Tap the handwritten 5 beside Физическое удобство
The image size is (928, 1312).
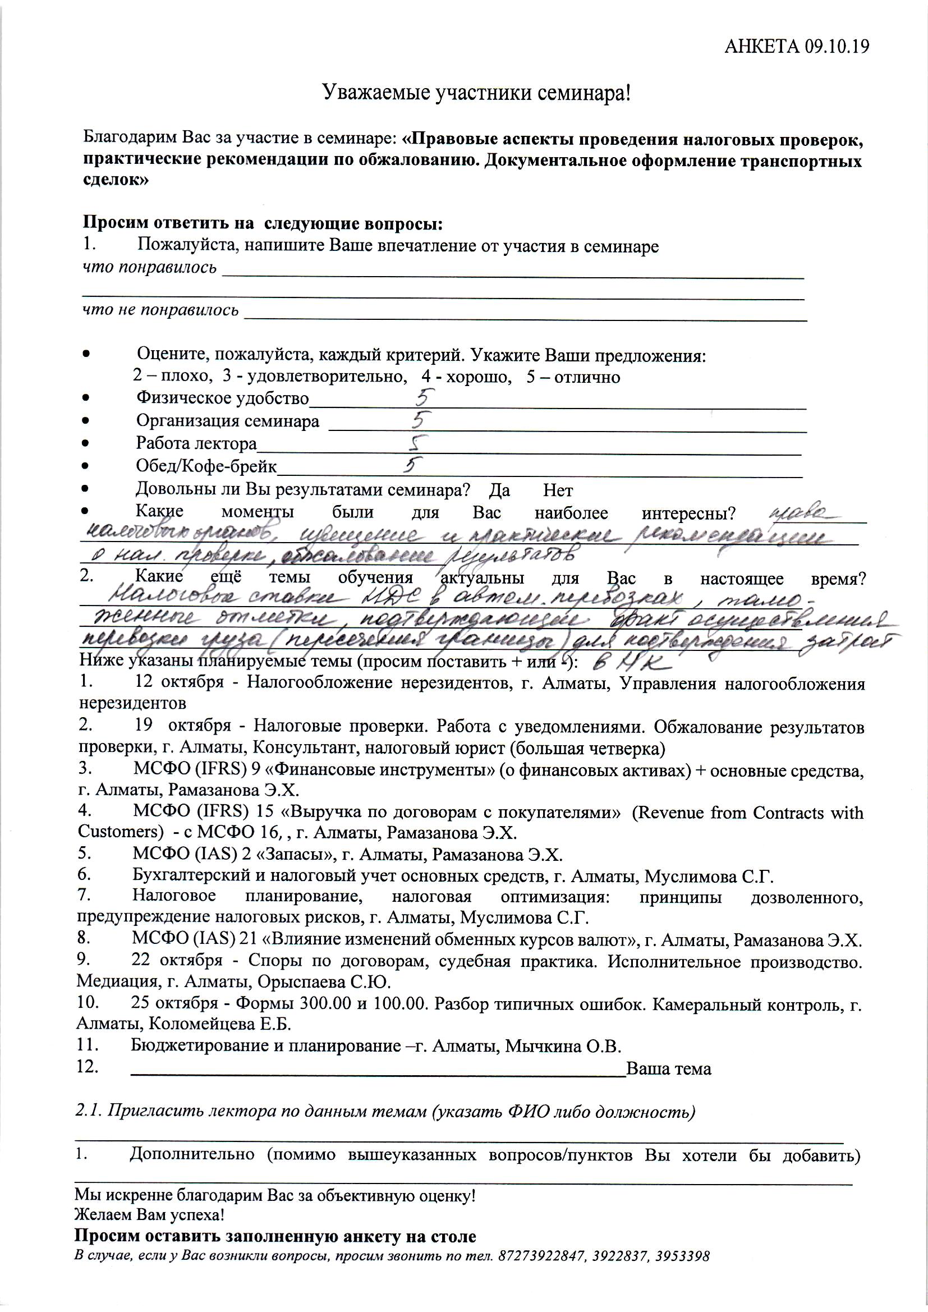425,397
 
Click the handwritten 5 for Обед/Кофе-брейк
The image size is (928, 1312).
411,465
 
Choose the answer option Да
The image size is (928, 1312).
499,490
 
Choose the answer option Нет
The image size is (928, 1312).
557,490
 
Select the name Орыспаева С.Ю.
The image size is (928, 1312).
324,981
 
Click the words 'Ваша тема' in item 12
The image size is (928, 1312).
669,1069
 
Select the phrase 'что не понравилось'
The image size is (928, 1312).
160,310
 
